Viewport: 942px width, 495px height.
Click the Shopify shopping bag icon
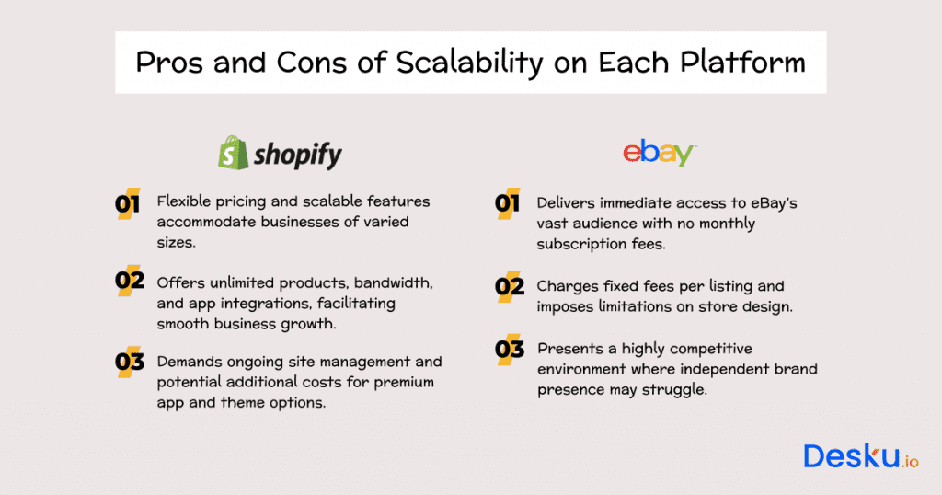pos(233,153)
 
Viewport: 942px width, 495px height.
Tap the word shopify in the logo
pos(297,155)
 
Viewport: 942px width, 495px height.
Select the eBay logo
pos(659,152)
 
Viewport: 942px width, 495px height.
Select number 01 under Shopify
pos(128,204)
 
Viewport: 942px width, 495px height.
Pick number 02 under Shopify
pos(129,281)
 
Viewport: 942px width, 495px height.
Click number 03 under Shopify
pos(129,362)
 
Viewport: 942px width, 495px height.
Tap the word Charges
pos(566,286)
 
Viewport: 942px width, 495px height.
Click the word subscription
pos(582,244)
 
